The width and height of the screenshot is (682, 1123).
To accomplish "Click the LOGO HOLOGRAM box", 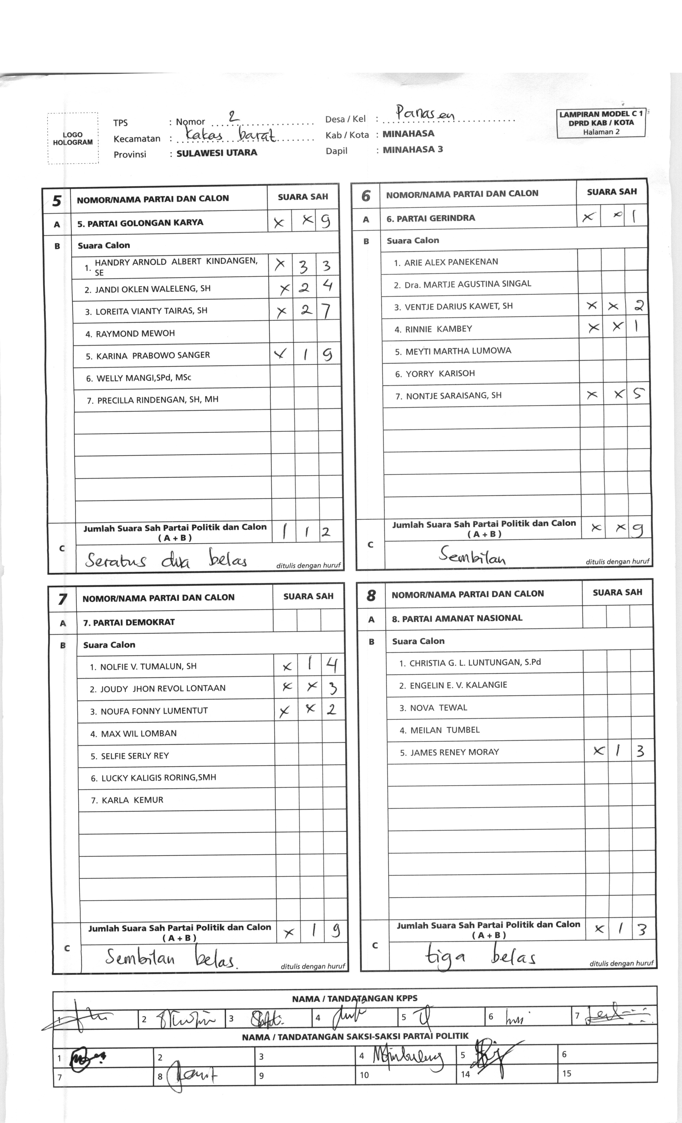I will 73,138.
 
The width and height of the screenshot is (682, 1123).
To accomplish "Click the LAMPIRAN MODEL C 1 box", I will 601,123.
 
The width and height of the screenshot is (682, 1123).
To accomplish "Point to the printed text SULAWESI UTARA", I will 217,153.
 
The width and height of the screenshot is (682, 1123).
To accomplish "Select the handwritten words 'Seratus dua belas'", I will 166,560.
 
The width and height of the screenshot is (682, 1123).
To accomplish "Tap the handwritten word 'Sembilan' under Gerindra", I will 472,555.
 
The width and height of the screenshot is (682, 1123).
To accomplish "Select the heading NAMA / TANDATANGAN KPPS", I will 354,999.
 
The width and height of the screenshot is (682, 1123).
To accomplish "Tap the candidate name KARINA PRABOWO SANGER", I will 153,356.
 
